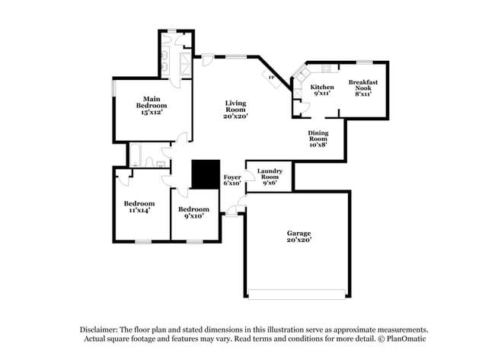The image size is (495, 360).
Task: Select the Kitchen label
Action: pyautogui.click(x=322, y=90)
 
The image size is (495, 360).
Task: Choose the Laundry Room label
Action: pyautogui.click(x=270, y=177)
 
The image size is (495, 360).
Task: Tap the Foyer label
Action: pyautogui.click(x=232, y=180)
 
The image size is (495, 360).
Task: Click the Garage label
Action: pyautogui.click(x=299, y=236)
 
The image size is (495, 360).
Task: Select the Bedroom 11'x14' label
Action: pyautogui.click(x=139, y=206)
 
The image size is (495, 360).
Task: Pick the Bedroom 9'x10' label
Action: pyautogui.click(x=193, y=212)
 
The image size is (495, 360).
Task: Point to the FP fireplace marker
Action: pyautogui.click(x=270, y=75)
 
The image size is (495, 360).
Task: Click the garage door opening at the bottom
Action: pyautogui.click(x=299, y=295)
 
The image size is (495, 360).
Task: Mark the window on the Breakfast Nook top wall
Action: pyautogui.click(x=364, y=62)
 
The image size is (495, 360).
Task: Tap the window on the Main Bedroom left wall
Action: pyautogui.click(x=113, y=88)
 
